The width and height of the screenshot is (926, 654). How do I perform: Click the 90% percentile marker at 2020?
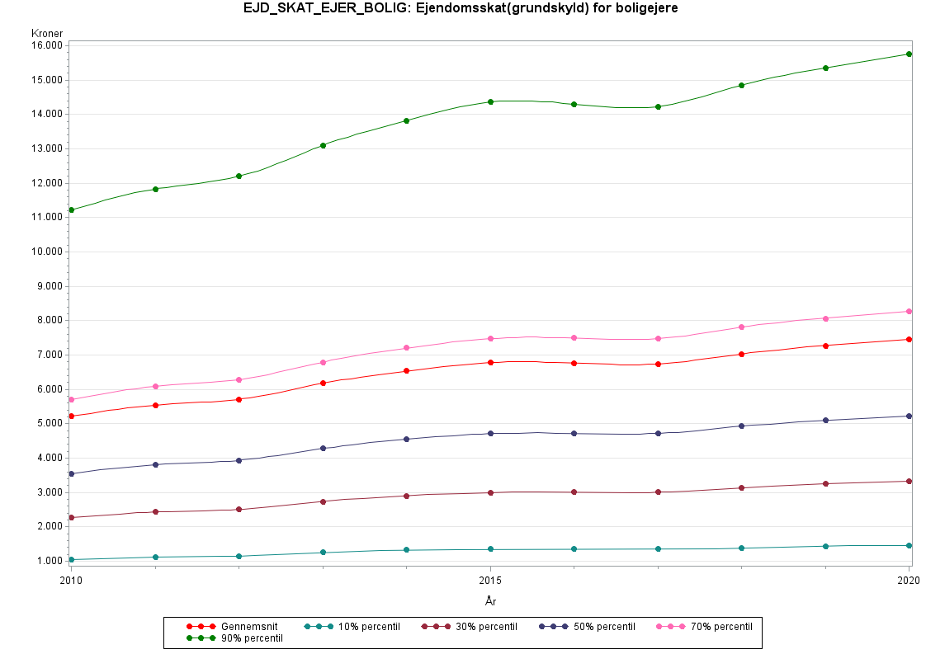coord(909,54)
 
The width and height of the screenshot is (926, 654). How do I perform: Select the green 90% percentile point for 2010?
coord(72,210)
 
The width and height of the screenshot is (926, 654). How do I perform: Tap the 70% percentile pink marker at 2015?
coord(491,339)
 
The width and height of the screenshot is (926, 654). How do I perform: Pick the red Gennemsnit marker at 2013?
coord(324,383)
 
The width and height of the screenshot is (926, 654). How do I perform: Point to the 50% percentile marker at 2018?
coord(742,426)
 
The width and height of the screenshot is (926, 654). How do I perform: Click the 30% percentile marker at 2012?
coord(239,510)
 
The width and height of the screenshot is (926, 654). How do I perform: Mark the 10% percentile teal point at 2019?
coord(825,546)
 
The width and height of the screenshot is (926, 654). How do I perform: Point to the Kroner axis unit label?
coord(47,34)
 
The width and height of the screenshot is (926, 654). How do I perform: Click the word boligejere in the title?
coord(650,8)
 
